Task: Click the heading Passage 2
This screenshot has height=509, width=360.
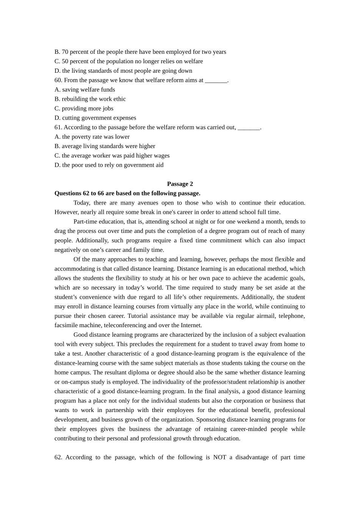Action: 180,184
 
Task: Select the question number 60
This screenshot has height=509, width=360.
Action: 58,80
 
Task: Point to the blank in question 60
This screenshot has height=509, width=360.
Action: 216,80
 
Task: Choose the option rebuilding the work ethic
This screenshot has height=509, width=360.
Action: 90,99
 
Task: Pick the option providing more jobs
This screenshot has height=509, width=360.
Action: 84,109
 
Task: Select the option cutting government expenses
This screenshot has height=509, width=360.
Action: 95,118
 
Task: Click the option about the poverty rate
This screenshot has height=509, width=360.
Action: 92,137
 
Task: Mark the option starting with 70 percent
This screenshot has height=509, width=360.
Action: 140,52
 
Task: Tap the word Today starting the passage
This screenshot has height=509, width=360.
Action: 81,203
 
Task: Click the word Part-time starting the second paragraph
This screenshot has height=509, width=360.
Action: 85,222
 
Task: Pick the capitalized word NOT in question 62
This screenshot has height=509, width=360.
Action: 219,457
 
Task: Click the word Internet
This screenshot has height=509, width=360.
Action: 191,325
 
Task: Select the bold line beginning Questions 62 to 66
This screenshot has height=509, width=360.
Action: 127,194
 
